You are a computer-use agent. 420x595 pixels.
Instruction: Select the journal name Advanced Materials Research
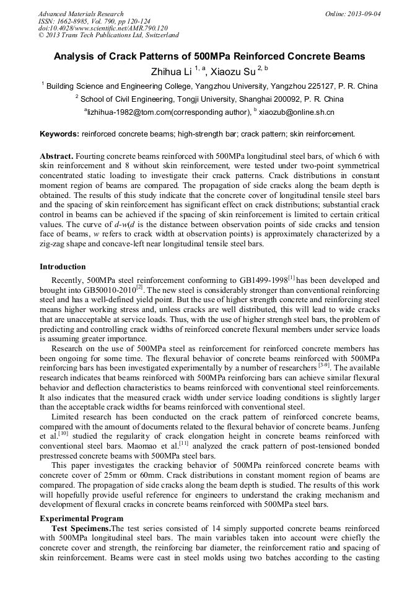81,14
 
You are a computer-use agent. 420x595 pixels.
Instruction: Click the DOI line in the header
103,29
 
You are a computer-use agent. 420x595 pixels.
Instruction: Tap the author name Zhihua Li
171,72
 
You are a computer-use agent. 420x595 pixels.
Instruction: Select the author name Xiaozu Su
234,72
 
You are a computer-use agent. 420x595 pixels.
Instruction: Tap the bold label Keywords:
59,133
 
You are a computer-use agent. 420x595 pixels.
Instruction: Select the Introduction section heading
63,267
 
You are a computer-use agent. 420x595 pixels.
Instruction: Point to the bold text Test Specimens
80,528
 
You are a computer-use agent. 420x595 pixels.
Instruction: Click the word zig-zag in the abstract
54,243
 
